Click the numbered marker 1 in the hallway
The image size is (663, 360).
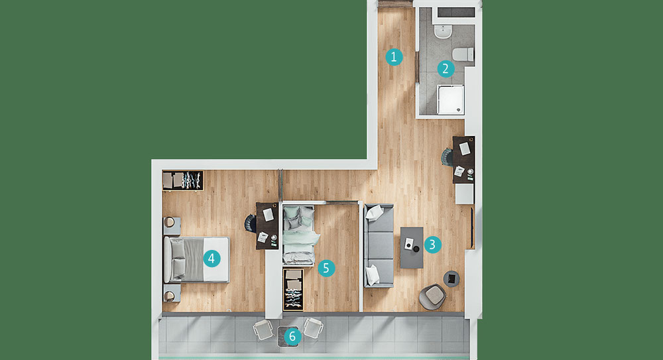click(394, 57)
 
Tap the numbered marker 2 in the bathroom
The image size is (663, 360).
click(446, 69)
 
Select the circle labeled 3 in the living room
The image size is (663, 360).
click(432, 245)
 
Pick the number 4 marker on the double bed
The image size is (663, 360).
click(211, 258)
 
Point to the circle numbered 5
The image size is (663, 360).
click(326, 268)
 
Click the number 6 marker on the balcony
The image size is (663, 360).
click(292, 337)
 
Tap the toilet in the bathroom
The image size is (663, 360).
click(463, 54)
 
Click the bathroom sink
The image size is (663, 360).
click(443, 32)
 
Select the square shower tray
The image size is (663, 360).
click(450, 100)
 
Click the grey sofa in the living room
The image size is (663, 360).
click(379, 245)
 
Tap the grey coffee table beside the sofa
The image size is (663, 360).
click(412, 247)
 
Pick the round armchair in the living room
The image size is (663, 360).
click(432, 296)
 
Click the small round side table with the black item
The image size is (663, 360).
click(451, 278)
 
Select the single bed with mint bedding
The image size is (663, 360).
click(299, 235)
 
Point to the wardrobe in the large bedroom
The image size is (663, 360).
click(183, 180)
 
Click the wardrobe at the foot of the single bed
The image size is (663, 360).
click(293, 289)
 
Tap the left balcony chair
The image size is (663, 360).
click(263, 329)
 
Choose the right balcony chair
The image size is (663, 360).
click(314, 328)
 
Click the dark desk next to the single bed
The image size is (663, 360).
click(267, 225)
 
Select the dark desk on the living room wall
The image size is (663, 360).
click(463, 160)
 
